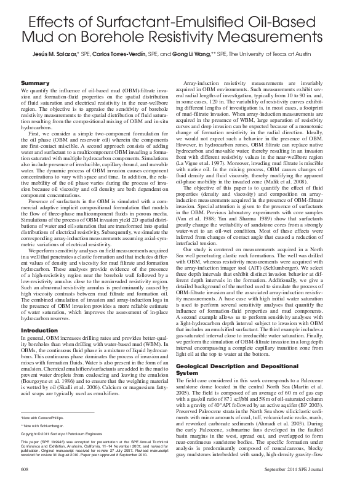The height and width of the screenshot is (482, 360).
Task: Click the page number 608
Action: pyautogui.click(x=26, y=469)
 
